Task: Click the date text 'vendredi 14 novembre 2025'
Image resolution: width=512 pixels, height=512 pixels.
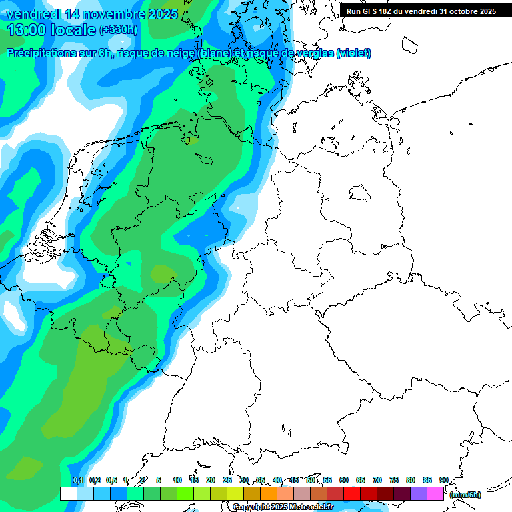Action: click(x=92, y=13)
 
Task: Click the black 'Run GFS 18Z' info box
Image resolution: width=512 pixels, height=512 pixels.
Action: click(x=421, y=11)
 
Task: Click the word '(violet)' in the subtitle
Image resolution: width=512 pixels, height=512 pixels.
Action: click(x=354, y=53)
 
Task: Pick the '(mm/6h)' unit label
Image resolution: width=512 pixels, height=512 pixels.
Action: click(x=465, y=495)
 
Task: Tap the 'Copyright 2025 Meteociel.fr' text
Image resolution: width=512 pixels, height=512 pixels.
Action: click(x=283, y=507)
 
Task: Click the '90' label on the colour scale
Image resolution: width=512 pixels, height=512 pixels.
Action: click(x=443, y=480)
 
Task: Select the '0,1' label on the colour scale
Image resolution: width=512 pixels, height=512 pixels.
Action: click(x=77, y=480)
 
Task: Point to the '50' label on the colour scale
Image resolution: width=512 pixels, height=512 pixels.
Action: click(x=311, y=480)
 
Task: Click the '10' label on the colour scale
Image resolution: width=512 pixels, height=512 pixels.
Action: click(x=177, y=480)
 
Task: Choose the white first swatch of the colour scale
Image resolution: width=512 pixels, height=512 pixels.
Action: click(x=68, y=493)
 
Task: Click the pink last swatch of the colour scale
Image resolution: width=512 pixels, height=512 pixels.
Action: click(x=435, y=493)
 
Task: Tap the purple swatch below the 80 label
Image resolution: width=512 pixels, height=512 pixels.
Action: click(x=419, y=493)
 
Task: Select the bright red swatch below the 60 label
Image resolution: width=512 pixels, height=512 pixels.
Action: click(x=352, y=493)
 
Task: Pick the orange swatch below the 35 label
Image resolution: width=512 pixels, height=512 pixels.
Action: click(x=269, y=493)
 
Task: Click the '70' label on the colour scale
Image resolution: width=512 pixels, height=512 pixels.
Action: click(x=377, y=480)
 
